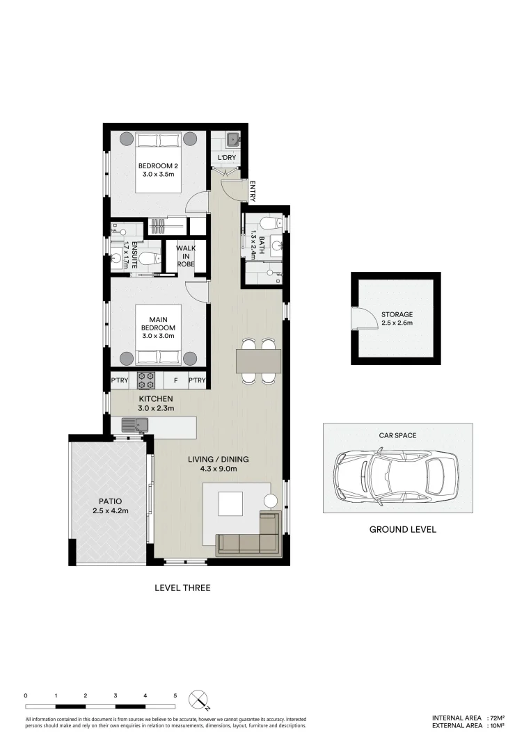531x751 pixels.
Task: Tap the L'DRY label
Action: click(x=227, y=159)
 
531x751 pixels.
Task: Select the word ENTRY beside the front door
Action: click(x=252, y=191)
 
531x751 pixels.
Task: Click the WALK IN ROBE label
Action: click(x=185, y=255)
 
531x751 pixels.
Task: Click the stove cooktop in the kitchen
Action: click(x=146, y=380)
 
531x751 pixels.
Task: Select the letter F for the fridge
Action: click(x=175, y=380)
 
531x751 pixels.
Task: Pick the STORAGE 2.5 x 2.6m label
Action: click(x=396, y=318)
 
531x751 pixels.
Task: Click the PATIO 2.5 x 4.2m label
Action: click(x=110, y=506)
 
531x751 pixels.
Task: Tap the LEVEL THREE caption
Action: click(x=182, y=588)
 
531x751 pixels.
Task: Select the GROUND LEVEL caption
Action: click(x=402, y=529)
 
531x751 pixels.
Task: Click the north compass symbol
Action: click(x=199, y=698)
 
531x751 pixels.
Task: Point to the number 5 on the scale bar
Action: click(x=175, y=695)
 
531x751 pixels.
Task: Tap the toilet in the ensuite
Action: click(x=146, y=259)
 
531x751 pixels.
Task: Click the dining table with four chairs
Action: click(x=258, y=361)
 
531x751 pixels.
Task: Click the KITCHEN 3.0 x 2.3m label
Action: click(x=155, y=403)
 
